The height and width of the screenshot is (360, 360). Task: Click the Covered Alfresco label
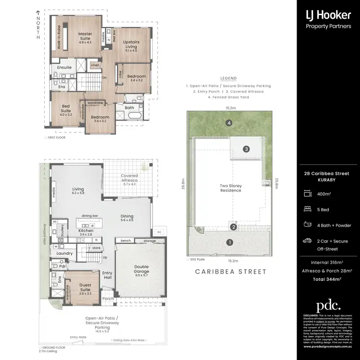coord(130,179)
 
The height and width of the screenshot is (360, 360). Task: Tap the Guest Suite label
coord(85,288)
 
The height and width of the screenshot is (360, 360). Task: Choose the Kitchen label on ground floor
coord(86,231)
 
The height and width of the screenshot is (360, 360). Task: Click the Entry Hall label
coord(108,275)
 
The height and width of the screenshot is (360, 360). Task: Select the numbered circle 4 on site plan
coord(230,123)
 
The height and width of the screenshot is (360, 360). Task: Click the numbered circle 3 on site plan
coord(246,149)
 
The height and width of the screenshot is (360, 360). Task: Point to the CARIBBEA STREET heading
coord(230,272)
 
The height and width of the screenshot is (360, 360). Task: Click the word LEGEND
coord(228,78)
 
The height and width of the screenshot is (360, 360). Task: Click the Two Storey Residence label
coord(231,188)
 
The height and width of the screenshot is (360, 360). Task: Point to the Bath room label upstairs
coord(129,108)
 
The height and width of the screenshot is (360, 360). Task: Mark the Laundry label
coord(64,253)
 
